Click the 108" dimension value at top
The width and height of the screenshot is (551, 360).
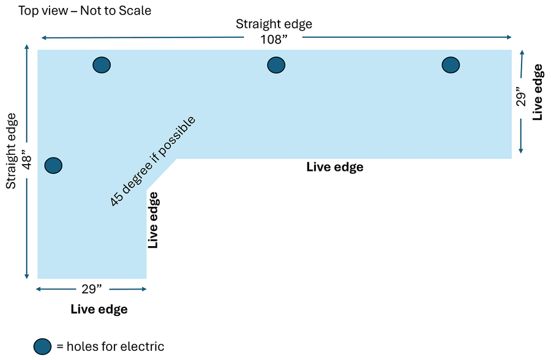coord(274,38)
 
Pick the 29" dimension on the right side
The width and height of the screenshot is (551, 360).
coord(521,100)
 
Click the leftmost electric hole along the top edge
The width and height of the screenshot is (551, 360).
coord(102,64)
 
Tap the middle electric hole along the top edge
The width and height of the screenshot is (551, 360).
coord(277,64)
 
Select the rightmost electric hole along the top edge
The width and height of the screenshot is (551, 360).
coord(451,64)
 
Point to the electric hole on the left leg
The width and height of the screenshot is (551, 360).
coord(54,165)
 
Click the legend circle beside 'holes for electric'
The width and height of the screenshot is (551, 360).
coord(42,346)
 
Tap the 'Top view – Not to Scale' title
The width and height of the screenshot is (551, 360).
coord(85,10)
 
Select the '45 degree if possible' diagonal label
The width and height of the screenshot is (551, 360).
coord(152,160)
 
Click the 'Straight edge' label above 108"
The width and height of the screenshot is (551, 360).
coord(274,24)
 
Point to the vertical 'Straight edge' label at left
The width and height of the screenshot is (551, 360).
coord(10,151)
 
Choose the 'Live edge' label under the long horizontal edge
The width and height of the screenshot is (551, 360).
coord(335,167)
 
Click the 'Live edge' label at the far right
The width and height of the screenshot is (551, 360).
coord(538,91)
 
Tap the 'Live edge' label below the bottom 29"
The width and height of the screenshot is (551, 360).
coord(99,309)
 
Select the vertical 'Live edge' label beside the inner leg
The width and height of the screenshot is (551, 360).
coord(154,220)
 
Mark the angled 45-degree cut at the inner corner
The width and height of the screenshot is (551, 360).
coord(162,174)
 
